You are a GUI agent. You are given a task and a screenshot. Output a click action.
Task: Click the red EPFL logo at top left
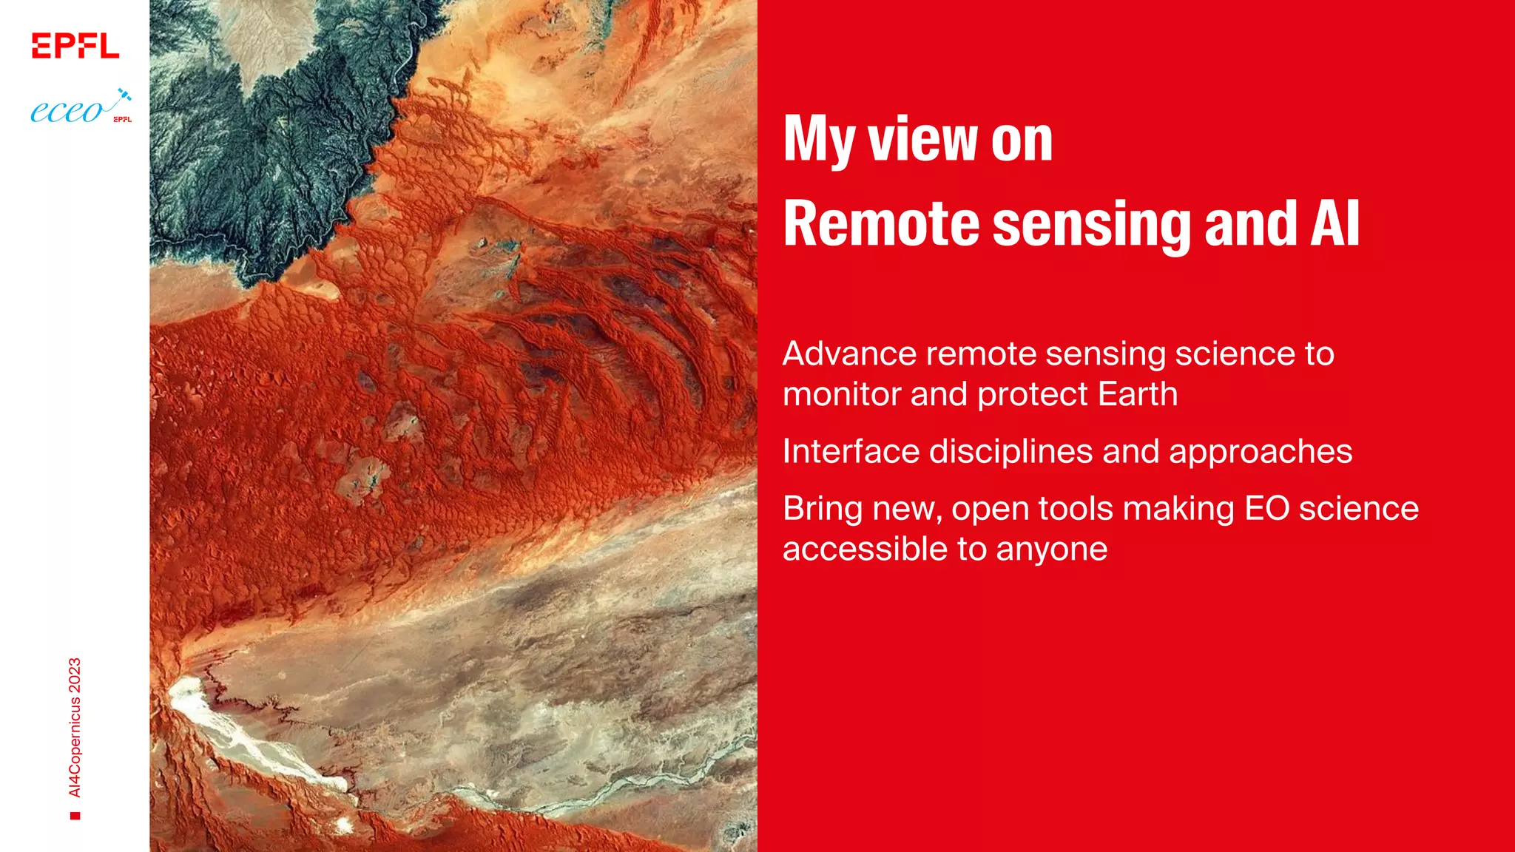click(75, 46)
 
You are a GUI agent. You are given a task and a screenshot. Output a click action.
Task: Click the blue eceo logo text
click(67, 112)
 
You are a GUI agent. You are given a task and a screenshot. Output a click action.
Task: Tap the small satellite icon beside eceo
click(124, 95)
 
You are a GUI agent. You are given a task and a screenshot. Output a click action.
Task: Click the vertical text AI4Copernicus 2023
click(75, 727)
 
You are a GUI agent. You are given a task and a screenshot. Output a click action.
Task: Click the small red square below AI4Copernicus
click(75, 816)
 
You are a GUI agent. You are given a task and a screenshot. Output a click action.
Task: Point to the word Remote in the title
click(881, 223)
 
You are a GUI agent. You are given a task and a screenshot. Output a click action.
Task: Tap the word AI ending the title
click(1335, 223)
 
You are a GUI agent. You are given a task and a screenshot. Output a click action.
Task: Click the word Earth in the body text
click(1137, 394)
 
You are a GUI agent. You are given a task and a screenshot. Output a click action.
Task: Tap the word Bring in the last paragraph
click(822, 510)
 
